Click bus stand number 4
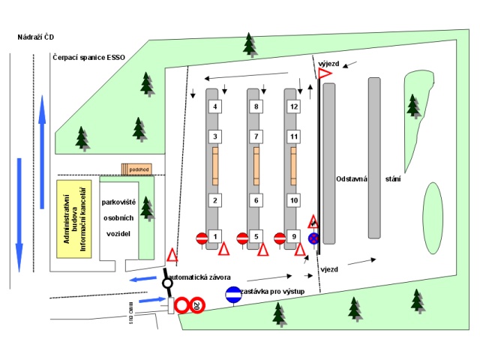point(215,106)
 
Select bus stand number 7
point(256,136)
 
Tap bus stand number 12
point(294,106)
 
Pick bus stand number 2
point(215,200)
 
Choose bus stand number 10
point(294,200)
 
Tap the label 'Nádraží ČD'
point(37,37)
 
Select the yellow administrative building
point(74,217)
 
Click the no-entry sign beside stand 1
point(202,238)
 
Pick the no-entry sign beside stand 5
point(242,238)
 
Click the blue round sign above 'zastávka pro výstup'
point(233,295)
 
